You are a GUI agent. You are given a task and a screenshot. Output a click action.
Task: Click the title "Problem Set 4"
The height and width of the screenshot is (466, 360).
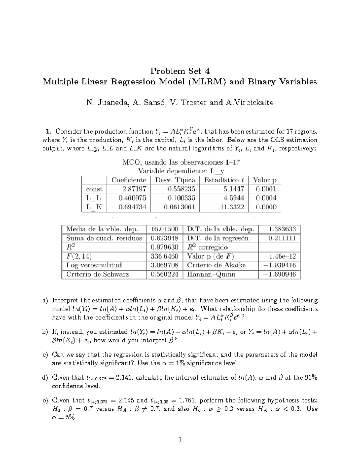tap(180, 71)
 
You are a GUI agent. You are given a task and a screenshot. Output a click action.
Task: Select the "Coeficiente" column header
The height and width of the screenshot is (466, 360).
tap(129, 180)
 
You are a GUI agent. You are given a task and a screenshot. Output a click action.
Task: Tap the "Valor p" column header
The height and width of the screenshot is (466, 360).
tap(265, 180)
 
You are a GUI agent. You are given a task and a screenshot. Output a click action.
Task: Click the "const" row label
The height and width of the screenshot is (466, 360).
tap(94, 189)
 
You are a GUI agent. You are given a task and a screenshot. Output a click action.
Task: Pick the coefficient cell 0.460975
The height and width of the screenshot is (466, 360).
tap(132, 198)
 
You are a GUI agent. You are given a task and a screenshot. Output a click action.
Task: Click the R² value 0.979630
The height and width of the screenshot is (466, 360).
tap(164, 247)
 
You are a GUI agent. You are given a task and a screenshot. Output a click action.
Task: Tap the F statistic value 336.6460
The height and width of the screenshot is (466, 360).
tap(164, 256)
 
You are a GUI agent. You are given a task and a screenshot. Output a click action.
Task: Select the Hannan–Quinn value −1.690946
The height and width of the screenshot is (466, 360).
tap(280, 274)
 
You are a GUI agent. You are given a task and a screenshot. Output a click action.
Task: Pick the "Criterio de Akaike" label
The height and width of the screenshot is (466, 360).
tap(216, 265)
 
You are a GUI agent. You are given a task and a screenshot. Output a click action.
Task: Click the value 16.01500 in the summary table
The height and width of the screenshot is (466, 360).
tap(164, 229)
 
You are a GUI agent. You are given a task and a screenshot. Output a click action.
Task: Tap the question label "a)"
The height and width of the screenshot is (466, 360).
tap(45, 301)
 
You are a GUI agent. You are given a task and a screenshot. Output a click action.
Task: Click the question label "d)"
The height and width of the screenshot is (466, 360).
tap(45, 377)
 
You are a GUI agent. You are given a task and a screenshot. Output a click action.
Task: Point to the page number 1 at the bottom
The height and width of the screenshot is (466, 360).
tap(180, 440)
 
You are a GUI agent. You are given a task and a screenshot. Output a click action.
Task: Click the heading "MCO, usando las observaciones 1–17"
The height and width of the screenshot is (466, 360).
tap(181, 163)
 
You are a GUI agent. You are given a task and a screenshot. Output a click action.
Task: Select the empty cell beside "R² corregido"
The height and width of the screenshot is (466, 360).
tap(280, 247)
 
